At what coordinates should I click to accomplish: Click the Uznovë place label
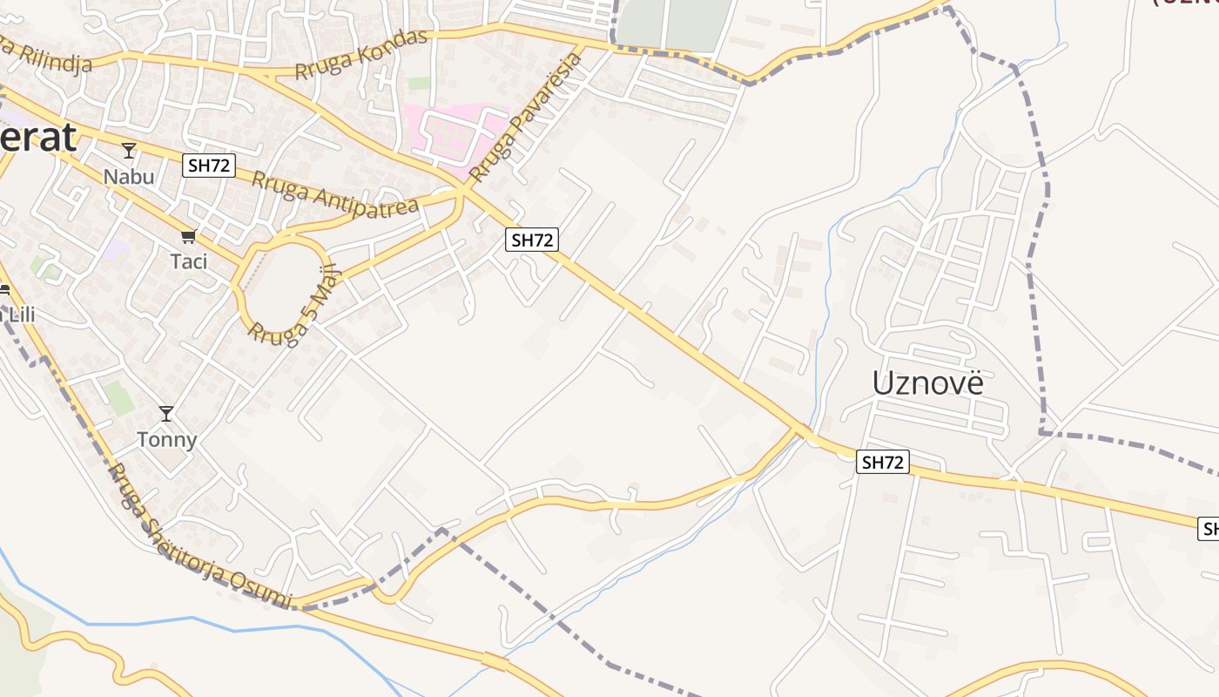pyautogui.click(x=927, y=382)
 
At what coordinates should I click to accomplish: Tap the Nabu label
pyautogui.click(x=129, y=177)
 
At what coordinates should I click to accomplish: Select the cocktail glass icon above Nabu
pyautogui.click(x=129, y=152)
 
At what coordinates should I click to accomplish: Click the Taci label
pyautogui.click(x=189, y=261)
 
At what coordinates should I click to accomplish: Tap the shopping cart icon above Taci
pyautogui.click(x=188, y=236)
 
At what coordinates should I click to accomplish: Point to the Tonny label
pyautogui.click(x=166, y=440)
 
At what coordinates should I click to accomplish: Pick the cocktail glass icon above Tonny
pyautogui.click(x=166, y=414)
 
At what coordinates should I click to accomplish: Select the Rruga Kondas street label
pyautogui.click(x=361, y=54)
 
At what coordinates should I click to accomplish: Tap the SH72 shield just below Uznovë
pyautogui.click(x=883, y=463)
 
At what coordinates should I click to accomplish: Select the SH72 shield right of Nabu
pyautogui.click(x=209, y=166)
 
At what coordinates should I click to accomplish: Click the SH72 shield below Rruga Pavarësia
pyautogui.click(x=531, y=240)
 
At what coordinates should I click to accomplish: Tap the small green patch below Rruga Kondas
pyautogui.click(x=419, y=84)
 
